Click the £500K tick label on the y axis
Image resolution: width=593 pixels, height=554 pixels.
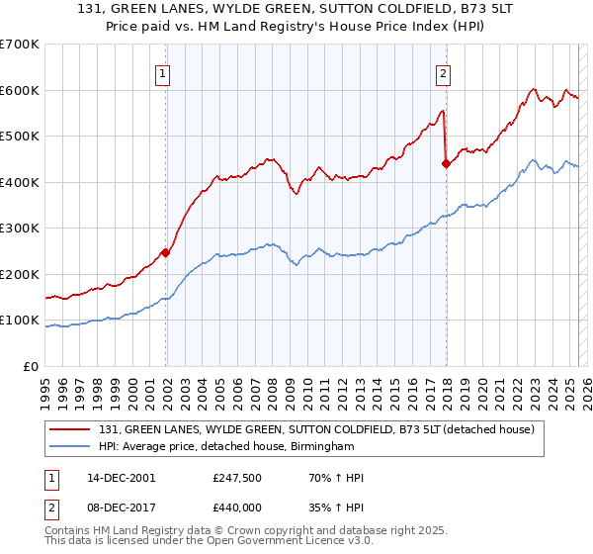pyautogui.click(x=20, y=137)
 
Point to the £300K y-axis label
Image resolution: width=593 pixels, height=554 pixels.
pyautogui.click(x=20, y=229)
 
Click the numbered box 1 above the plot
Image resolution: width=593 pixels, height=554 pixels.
pyautogui.click(x=162, y=72)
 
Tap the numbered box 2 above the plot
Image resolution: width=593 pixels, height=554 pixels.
pyautogui.click(x=444, y=72)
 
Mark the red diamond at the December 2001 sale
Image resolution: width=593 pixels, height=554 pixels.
pyautogui.click(x=166, y=252)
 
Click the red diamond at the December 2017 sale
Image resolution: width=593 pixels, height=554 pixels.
pyautogui.click(x=446, y=164)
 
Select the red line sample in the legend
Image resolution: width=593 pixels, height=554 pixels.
pyautogui.click(x=69, y=429)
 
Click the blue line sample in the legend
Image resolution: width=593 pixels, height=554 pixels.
pyautogui.click(x=69, y=447)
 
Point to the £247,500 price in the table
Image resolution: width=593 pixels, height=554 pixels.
pyautogui.click(x=235, y=478)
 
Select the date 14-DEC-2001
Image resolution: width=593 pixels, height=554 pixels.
pyautogui.click(x=120, y=478)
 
